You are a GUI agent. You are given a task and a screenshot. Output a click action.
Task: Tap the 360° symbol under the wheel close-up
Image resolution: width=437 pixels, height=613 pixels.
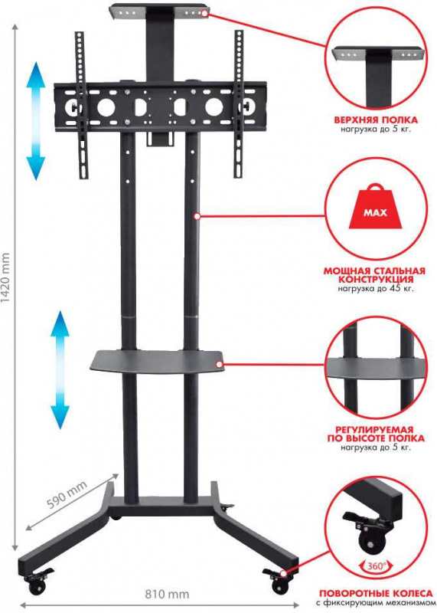pos(375,565)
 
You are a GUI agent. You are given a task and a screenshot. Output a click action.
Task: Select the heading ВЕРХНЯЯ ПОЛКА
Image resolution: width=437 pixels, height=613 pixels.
pos(375,120)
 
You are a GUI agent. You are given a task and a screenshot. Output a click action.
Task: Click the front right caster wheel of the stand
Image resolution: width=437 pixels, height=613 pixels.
pos(276,582)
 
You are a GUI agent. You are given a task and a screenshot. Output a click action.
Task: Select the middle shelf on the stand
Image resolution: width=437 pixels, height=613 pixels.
pos(158,359)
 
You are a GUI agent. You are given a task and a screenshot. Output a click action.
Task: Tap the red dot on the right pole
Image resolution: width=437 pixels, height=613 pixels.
pos(197,217)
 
